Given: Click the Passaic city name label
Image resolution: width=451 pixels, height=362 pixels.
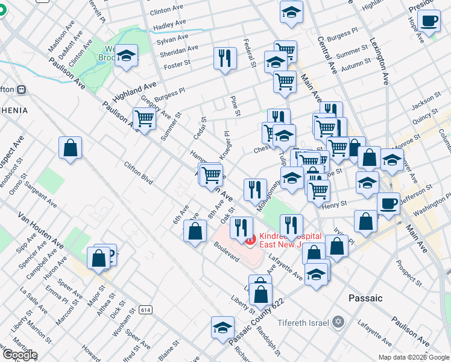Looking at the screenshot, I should [365, 298].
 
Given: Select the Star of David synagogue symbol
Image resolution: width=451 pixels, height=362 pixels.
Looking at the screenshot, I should [338, 322].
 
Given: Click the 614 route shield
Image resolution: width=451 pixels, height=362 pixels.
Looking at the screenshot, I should [145, 310].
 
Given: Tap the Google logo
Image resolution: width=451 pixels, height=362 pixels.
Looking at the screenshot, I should [20, 355].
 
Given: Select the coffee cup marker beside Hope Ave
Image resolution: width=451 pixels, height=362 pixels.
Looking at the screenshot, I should [429, 22].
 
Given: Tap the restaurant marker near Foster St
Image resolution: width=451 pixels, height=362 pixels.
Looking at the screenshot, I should [224, 58].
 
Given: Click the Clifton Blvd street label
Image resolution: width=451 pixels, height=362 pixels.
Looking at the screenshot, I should [138, 172].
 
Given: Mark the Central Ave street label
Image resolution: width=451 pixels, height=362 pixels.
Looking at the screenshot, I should [327, 56].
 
